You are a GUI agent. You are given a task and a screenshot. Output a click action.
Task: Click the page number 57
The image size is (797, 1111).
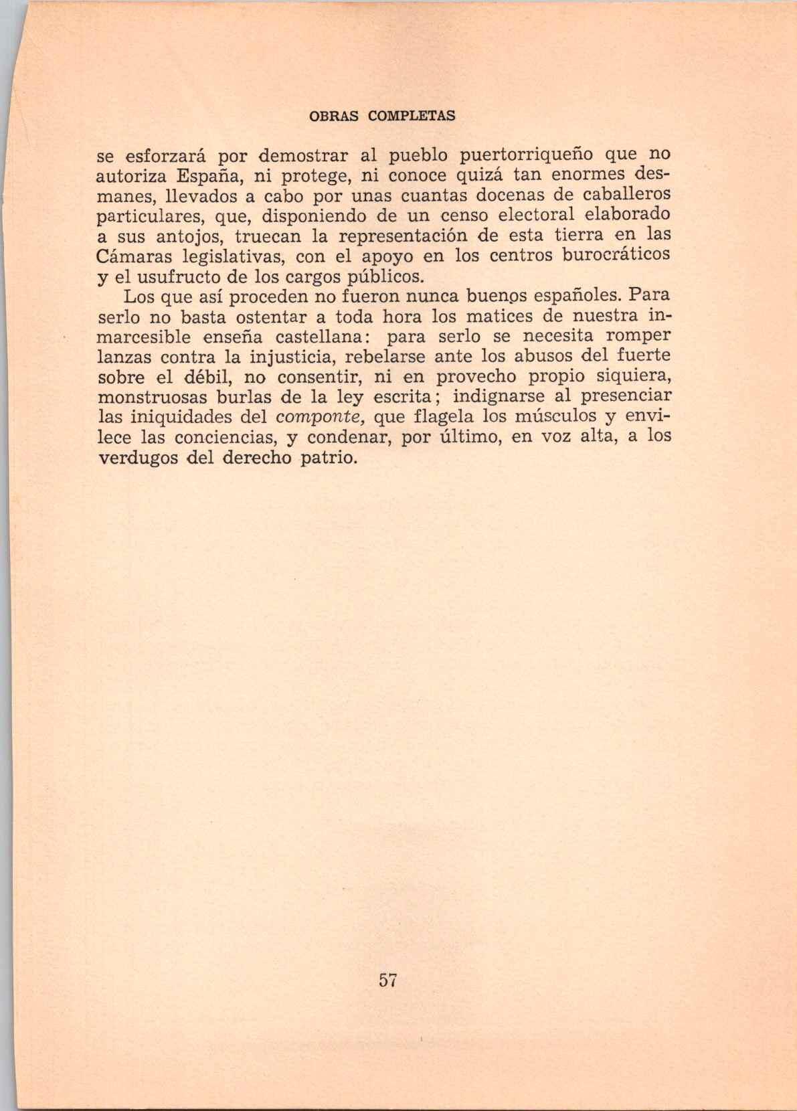pyautogui.click(x=388, y=980)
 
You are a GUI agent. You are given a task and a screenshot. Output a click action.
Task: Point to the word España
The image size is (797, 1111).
pyautogui.click(x=208, y=177)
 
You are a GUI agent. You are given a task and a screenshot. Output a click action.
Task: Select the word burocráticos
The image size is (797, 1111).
pyautogui.click(x=616, y=256)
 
